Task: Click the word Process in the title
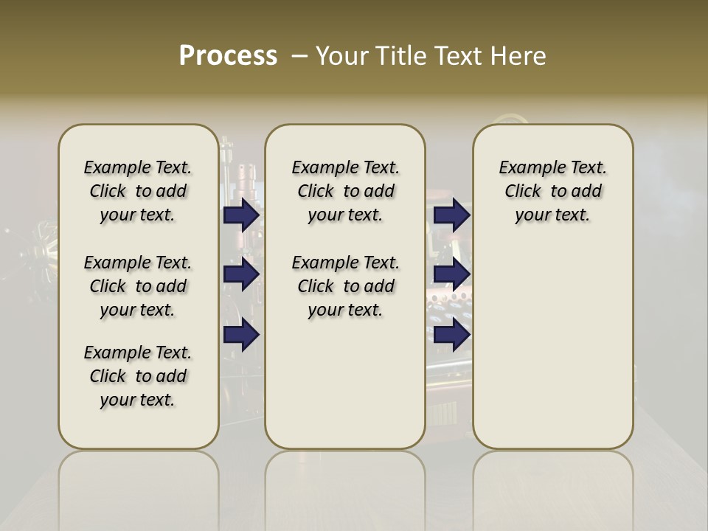(x=228, y=56)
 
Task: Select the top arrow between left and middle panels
(x=241, y=215)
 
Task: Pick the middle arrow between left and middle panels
(x=241, y=274)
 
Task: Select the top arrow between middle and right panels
(x=452, y=215)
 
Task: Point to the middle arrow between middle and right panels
(x=452, y=274)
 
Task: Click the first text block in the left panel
(x=138, y=191)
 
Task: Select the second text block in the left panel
(x=138, y=286)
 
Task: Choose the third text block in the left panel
(x=138, y=376)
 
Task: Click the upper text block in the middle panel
(x=346, y=191)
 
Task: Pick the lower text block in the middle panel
(x=346, y=286)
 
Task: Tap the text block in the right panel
(x=553, y=191)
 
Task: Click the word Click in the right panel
(x=523, y=192)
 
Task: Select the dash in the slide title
(x=299, y=56)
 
